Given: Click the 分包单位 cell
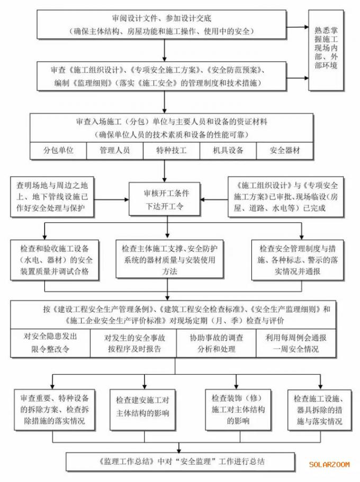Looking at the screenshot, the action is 58,151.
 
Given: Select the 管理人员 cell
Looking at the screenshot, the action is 115,151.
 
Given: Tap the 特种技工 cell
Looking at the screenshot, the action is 172,151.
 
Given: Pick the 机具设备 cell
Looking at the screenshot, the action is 228,151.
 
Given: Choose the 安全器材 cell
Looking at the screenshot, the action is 285,151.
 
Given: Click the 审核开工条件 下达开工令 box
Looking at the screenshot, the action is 165,199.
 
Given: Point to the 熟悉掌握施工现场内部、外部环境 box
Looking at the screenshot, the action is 326,50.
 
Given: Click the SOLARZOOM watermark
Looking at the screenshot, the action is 329,465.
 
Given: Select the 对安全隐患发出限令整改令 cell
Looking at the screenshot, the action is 50,343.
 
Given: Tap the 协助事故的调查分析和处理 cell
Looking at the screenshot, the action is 217,343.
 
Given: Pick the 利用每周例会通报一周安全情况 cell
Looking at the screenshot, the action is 296,343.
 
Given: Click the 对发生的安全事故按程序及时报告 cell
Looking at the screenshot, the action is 133,343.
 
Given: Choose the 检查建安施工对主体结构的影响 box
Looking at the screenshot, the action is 143,410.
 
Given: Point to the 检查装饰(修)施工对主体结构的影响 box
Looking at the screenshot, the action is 238,410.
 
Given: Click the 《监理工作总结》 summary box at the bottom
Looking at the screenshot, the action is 181,462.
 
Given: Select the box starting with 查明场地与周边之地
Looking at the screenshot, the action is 52,197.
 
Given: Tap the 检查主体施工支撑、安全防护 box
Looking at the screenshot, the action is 169,259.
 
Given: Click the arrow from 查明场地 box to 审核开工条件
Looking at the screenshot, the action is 111,199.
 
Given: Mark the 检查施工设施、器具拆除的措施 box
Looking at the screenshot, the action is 320,410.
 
